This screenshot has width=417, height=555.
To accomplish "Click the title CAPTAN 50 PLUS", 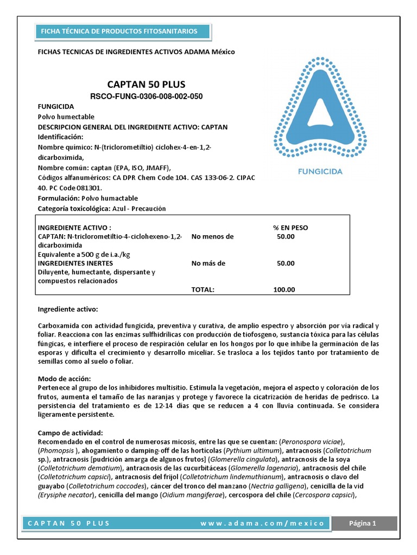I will pyautogui.click(x=146, y=85).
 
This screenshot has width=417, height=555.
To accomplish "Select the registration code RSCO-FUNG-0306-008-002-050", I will pyautogui.click(x=146, y=96).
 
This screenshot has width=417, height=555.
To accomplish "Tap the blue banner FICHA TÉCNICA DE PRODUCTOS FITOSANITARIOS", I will pyautogui.click(x=119, y=31).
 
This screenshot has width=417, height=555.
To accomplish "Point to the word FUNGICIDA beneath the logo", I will pyautogui.click(x=320, y=171).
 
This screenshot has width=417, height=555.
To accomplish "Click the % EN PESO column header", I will pyautogui.click(x=290, y=228).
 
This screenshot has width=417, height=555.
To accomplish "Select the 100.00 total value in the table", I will pyautogui.click(x=284, y=289).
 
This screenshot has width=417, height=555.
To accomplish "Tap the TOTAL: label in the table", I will pyautogui.click(x=203, y=289).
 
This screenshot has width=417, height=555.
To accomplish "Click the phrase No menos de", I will pyautogui.click(x=212, y=236).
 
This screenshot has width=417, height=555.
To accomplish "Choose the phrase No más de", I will pyautogui.click(x=208, y=263).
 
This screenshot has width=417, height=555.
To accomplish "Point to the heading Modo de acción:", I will pyautogui.click(x=64, y=378).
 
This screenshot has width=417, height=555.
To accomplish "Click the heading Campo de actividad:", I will pyautogui.click(x=70, y=434).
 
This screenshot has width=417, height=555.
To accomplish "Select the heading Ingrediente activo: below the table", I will pyautogui.click(x=67, y=309).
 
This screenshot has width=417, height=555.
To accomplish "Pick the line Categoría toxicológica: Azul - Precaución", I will pyautogui.click(x=102, y=209).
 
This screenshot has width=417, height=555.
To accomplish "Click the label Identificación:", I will pyautogui.click(x=60, y=137).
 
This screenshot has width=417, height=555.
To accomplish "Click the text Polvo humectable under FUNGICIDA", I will pyautogui.click(x=66, y=117).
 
